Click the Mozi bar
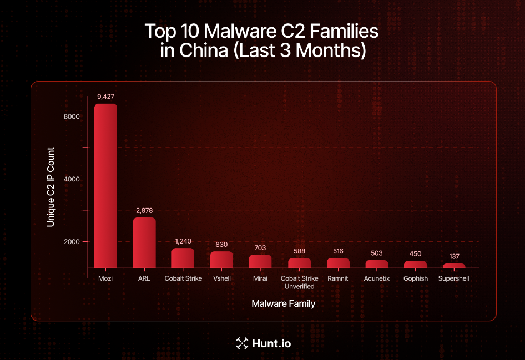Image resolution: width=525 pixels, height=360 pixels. (105, 185)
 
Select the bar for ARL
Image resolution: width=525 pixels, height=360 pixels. (144, 242)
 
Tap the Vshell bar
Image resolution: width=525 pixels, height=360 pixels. (221, 260)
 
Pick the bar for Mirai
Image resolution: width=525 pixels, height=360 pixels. (260, 261)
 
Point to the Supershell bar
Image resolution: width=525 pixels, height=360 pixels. (454, 266)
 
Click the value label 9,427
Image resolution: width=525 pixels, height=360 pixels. (105, 97)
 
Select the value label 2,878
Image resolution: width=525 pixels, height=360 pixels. (144, 210)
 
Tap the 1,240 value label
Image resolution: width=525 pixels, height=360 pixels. (183, 241)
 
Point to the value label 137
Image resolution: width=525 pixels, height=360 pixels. (454, 256)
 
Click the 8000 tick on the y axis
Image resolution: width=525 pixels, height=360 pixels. (72, 116)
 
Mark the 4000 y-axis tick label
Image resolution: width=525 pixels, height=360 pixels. (72, 179)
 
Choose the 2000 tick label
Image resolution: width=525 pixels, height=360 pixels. (72, 242)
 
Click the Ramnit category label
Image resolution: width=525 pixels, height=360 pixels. (337, 278)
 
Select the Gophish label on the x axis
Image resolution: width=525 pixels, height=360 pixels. (416, 278)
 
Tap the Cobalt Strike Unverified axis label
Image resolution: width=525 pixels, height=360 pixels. (299, 282)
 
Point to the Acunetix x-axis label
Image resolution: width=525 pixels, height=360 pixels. (377, 278)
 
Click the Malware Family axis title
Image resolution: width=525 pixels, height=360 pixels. (283, 303)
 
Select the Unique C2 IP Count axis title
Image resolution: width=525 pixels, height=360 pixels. (51, 187)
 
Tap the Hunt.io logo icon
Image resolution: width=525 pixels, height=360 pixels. (241, 343)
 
